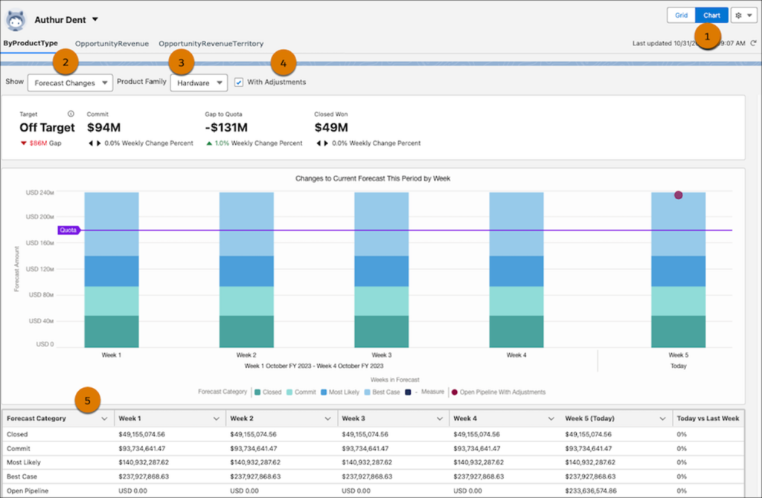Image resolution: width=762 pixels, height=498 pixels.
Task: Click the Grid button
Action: point(681,15)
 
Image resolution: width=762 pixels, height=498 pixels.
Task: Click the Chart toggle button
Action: point(711,15)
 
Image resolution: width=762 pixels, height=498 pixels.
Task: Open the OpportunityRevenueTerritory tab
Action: point(211,44)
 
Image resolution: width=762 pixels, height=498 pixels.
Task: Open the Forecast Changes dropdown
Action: point(70,83)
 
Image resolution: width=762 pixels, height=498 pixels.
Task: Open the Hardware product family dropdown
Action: point(198,83)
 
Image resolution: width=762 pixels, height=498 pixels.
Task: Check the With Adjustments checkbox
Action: point(238,82)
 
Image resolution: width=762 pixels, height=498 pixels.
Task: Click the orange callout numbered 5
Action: point(89,401)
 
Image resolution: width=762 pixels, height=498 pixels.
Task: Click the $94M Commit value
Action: point(103,127)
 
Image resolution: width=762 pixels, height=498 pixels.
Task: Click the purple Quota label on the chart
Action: point(68,230)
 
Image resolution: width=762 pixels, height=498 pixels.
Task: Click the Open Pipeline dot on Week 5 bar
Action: point(678,195)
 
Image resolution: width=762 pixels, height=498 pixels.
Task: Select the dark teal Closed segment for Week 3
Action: point(381,332)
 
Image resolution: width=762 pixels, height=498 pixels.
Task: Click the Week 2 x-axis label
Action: point(246,355)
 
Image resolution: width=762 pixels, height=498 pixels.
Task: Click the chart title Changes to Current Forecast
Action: point(373,178)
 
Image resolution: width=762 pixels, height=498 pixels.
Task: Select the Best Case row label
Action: point(22,476)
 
